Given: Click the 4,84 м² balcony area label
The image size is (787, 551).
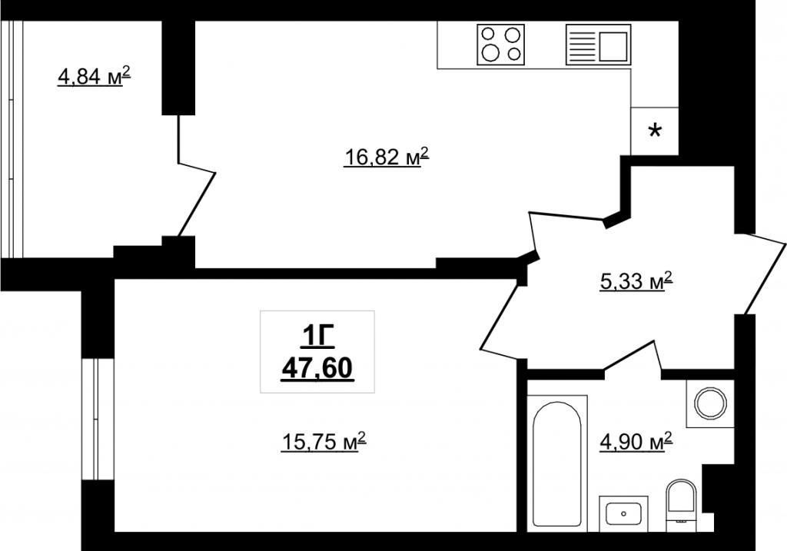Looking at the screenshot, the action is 95,78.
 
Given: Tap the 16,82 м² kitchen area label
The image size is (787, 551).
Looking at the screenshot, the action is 387,158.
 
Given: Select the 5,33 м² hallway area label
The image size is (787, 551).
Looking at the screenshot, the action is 636,281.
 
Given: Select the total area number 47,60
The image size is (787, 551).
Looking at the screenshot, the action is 317,370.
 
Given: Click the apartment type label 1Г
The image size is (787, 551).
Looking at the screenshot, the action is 317,337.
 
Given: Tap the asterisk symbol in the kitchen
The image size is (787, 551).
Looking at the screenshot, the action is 655,132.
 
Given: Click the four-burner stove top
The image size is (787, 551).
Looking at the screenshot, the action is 500,44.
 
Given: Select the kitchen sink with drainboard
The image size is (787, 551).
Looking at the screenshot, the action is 598,44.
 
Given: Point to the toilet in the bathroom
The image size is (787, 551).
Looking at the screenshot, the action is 681,502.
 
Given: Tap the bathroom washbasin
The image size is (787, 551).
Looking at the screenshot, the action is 623,513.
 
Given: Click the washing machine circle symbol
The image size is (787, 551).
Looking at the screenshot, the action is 710,403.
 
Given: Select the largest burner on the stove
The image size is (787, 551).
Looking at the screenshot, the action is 490,52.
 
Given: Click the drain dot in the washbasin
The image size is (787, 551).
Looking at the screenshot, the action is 623,513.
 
